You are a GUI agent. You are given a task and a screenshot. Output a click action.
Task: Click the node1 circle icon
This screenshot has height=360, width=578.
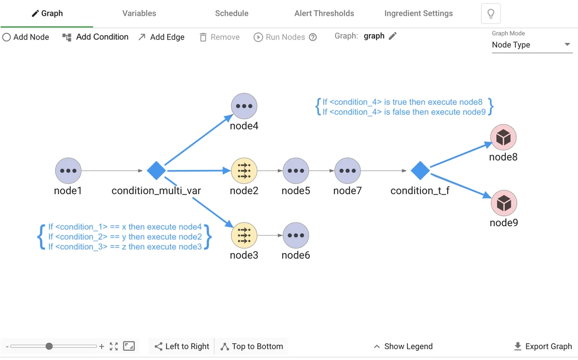(x=68, y=171)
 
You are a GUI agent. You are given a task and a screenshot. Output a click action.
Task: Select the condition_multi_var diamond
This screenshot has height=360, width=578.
(x=156, y=170)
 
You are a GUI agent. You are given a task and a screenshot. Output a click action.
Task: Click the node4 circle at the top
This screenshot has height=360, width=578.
(x=244, y=106)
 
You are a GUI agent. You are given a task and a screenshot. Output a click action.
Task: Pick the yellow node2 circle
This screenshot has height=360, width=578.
(x=244, y=171)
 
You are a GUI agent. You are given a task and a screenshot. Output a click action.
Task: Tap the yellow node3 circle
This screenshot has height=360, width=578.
(x=244, y=235)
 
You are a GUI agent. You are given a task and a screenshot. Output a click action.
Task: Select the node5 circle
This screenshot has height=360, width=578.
(x=296, y=171)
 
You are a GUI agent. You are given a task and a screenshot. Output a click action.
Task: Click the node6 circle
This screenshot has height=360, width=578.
(x=296, y=235)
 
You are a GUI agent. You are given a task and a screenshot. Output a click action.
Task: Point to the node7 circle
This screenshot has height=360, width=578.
(x=347, y=171)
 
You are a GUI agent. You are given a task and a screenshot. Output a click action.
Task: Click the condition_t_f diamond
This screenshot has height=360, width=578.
(x=420, y=170)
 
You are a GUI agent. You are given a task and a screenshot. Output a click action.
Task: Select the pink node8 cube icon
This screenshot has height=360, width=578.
(x=503, y=138)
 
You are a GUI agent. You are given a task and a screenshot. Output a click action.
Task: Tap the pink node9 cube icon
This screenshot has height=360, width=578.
(x=503, y=204)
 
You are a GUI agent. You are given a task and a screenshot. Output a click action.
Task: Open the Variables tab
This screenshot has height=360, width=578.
(x=139, y=13)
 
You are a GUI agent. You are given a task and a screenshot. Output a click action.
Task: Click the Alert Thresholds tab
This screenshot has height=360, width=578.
(x=324, y=13)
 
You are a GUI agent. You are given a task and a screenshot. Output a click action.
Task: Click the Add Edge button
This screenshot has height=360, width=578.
(x=161, y=37)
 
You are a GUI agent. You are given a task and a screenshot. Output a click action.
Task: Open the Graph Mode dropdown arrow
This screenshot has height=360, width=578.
(x=567, y=45)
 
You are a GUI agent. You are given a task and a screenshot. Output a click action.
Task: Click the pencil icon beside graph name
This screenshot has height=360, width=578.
(x=393, y=36)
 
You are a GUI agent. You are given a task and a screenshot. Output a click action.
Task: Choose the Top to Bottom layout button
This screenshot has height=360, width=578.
(x=251, y=347)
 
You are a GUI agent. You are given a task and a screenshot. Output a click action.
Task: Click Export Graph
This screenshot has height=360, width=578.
(x=543, y=347)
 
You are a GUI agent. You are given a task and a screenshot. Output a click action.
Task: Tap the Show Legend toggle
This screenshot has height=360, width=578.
(x=403, y=347)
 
